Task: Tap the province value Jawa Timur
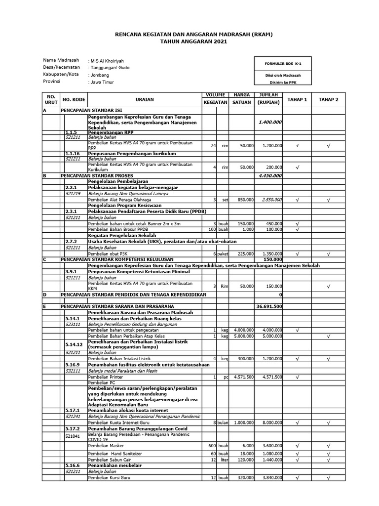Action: pyautogui.click(x=101, y=82)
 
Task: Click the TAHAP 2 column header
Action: pyautogui.click(x=328, y=99)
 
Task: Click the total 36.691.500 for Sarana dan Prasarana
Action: pyautogui.click(x=269, y=306)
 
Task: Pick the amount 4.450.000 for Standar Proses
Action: pyautogui.click(x=270, y=175)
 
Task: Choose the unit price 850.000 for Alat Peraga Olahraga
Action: pyautogui.click(x=244, y=200)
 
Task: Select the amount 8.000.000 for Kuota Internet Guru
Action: pyautogui.click(x=272, y=422)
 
